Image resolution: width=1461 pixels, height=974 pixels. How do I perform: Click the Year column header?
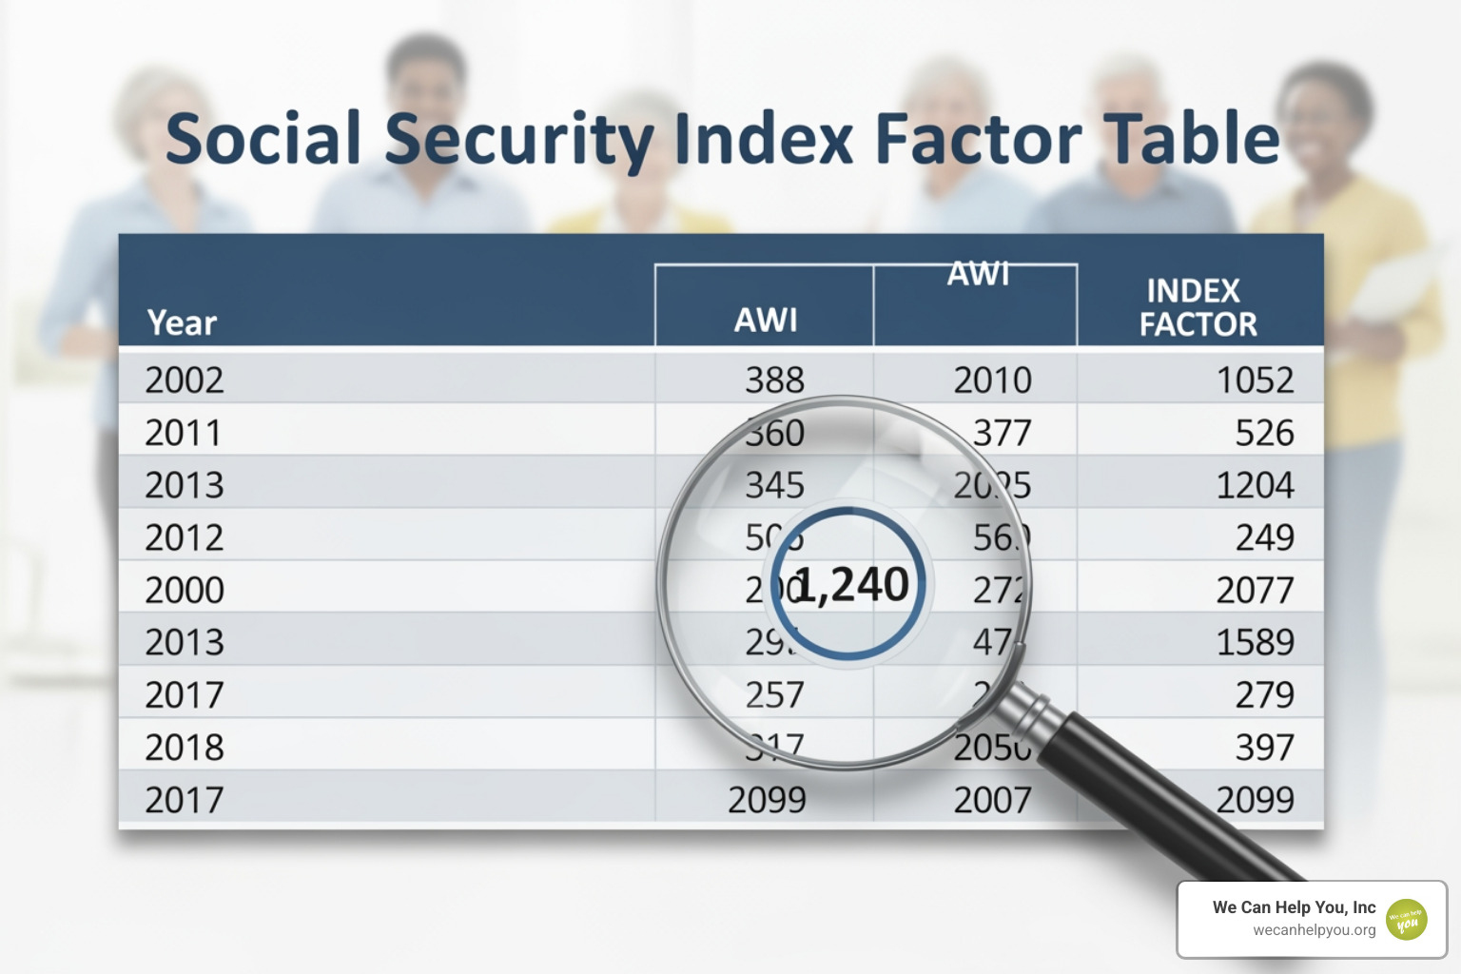pos(182,323)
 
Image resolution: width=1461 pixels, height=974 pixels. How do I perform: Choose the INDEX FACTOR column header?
pos(1198,307)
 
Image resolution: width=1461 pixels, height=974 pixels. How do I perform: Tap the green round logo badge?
pos(1407,920)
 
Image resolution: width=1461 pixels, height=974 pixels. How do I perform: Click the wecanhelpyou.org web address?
pos(1314,930)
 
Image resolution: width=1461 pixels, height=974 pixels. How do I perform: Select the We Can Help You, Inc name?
pos(1294,907)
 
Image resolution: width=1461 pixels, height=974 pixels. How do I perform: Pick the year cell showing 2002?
pos(185,380)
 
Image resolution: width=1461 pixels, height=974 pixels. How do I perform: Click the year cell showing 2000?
pos(185,591)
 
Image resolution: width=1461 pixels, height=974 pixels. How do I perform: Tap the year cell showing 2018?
pos(185,748)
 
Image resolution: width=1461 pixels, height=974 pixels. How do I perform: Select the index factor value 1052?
pos(1255,380)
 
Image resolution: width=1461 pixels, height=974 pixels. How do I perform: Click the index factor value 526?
pos(1264,434)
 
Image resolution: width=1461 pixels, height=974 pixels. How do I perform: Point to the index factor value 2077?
pos(1255,591)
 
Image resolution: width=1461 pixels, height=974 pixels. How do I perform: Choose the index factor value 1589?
pos(1255,643)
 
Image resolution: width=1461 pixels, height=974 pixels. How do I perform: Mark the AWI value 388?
pos(774,380)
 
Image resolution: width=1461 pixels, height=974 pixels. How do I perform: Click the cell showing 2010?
pos(992,380)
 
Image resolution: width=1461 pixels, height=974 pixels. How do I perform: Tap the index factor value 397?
pos(1264,748)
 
